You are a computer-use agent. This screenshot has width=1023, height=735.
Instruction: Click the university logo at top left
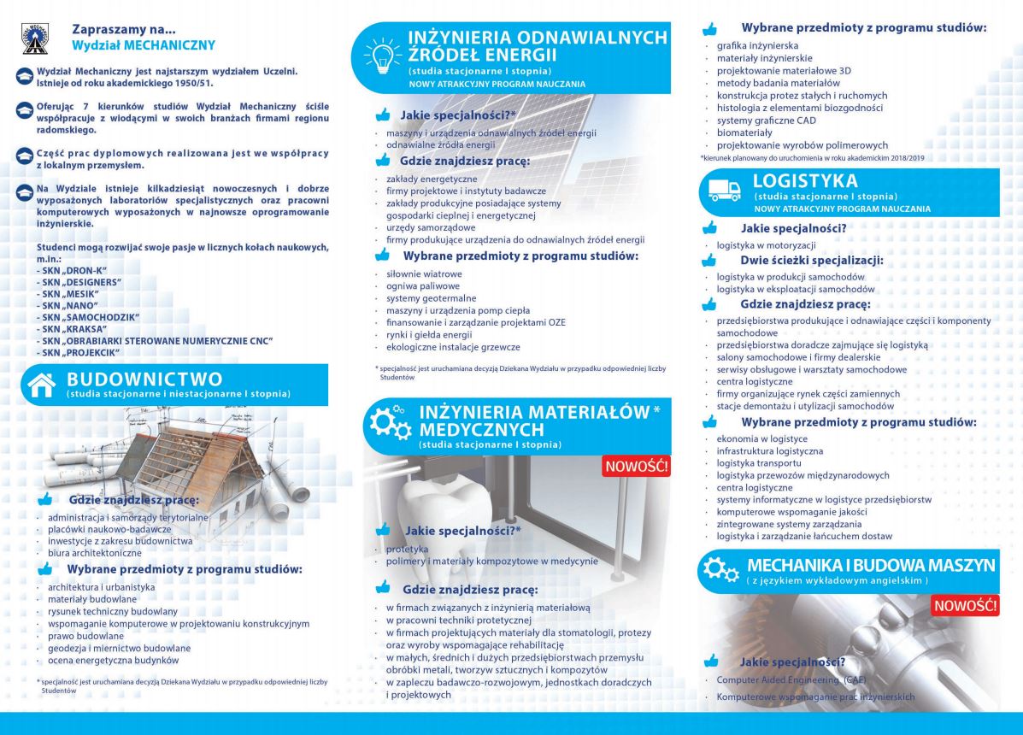pyautogui.click(x=35, y=38)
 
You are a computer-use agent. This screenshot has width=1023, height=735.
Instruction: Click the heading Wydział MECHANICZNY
pyautogui.click(x=143, y=44)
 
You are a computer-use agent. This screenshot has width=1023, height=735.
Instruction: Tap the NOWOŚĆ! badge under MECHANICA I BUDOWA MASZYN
pyautogui.click(x=965, y=605)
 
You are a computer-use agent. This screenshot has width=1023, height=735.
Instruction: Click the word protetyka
pyautogui.click(x=407, y=549)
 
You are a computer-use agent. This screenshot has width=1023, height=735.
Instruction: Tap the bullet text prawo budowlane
pyautogui.click(x=85, y=636)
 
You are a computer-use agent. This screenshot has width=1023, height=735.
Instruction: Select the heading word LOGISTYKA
pyautogui.click(x=805, y=181)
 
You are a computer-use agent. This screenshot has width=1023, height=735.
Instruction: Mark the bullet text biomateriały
pyautogui.click(x=744, y=132)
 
